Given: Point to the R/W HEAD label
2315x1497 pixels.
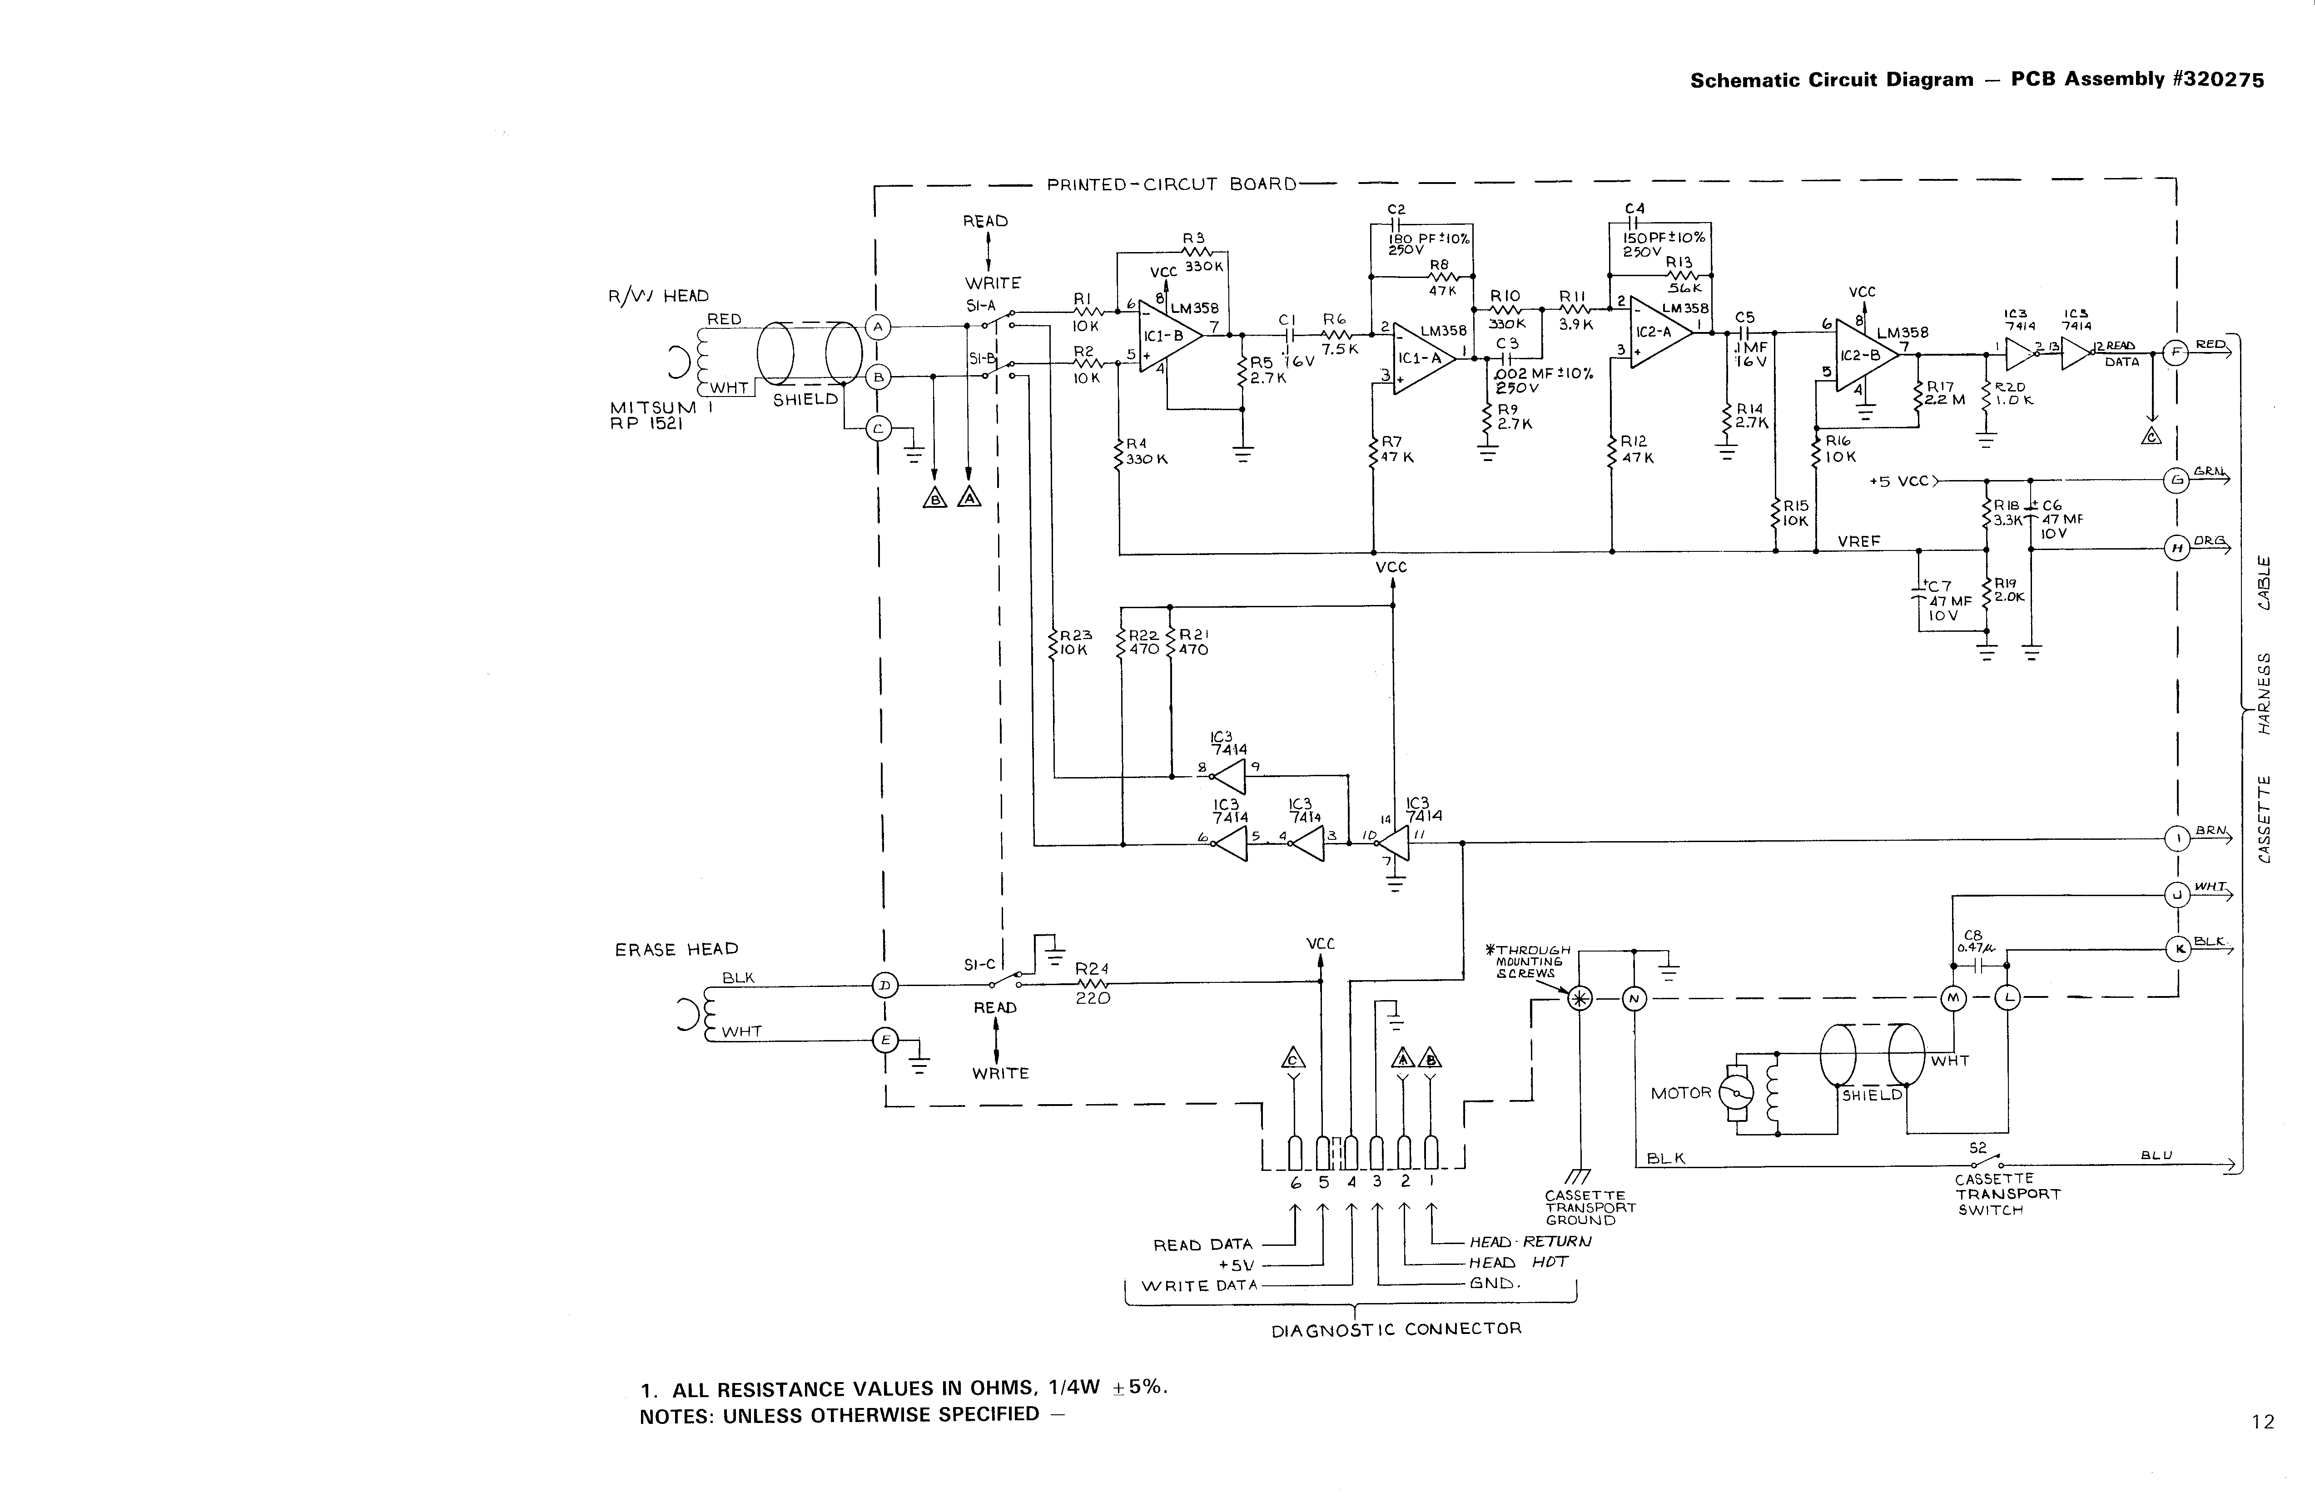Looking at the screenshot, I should [x=658, y=296].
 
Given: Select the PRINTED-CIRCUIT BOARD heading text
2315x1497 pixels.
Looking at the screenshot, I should [x=1172, y=185].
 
